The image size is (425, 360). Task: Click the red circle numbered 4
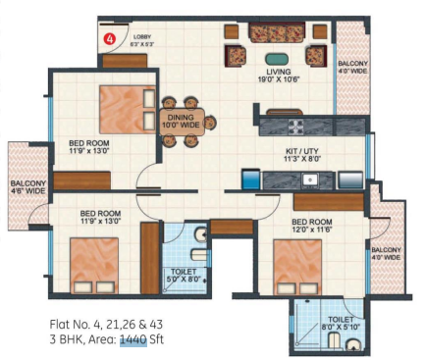coord(110,39)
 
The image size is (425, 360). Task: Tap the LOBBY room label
coord(139,40)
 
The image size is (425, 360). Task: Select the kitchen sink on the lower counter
coord(309,180)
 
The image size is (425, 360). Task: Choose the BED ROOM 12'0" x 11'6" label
coord(315,227)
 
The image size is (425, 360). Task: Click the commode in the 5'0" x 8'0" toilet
coord(199,235)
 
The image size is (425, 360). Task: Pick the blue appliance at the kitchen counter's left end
coord(250,180)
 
